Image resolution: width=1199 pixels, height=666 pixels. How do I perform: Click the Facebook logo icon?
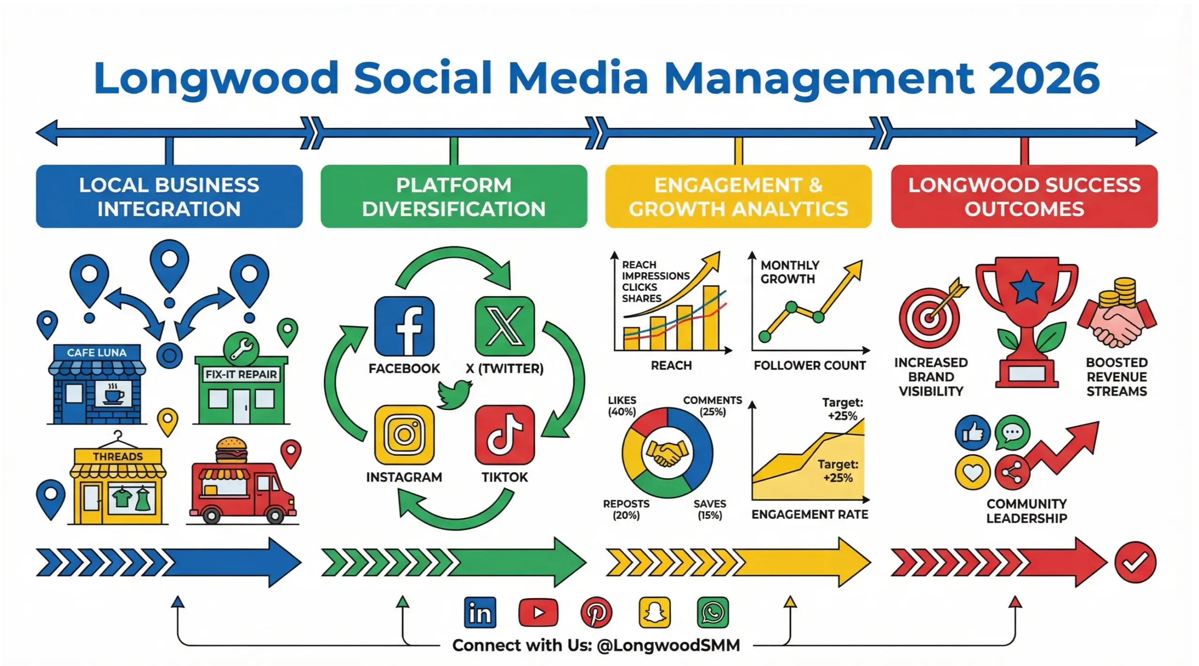coord(404,326)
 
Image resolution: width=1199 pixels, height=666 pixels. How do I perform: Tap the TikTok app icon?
coord(504,435)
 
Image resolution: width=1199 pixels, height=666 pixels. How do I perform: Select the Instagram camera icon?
coord(404,435)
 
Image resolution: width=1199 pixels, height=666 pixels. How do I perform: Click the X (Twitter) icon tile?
coord(504,326)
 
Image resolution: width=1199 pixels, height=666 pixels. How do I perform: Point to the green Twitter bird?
coord(454,393)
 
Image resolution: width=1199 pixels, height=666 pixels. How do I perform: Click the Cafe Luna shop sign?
coord(96,352)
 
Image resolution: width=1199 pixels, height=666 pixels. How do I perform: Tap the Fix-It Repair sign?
coord(241,374)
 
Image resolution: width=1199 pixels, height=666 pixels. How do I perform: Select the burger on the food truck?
coord(231,450)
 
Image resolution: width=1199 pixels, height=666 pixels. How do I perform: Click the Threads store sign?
coord(118,456)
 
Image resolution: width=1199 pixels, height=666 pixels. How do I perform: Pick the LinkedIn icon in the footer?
coord(480,612)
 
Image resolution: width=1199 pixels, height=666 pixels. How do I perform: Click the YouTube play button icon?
coord(538,612)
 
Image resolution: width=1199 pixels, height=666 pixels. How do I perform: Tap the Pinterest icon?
coord(596,612)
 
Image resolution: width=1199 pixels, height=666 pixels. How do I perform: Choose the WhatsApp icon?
coord(713,612)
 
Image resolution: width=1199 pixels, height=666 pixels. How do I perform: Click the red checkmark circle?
coord(1135,562)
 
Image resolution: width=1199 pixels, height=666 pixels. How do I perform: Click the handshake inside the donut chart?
coord(667,453)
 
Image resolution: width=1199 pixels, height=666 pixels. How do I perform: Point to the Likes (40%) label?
coord(622,406)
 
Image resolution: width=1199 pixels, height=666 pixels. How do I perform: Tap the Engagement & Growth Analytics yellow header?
coord(738,197)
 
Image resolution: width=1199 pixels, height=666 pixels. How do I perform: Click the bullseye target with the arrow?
coord(930,317)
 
